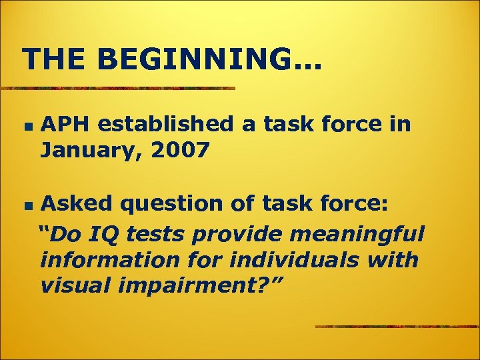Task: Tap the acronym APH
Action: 65,124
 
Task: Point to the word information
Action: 103,259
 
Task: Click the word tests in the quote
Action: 153,234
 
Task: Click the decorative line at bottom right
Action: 397,327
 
